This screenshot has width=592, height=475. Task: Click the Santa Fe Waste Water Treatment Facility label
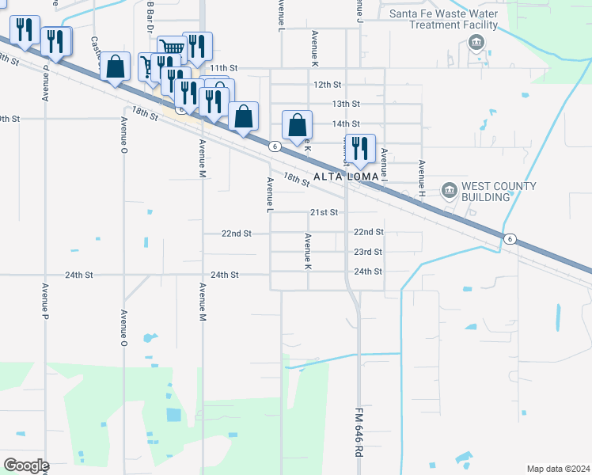click(x=444, y=19)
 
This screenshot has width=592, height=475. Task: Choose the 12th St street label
click(x=327, y=84)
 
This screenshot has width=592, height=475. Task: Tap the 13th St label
click(x=346, y=104)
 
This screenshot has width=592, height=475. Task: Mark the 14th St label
click(x=346, y=123)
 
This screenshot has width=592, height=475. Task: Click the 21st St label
click(x=324, y=212)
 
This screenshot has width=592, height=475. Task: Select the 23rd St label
click(x=368, y=252)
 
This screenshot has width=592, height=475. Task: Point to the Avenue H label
click(x=422, y=177)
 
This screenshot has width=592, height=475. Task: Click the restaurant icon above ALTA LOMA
click(x=360, y=149)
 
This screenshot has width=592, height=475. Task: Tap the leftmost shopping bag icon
click(x=116, y=66)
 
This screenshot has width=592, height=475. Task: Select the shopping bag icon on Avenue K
click(x=298, y=126)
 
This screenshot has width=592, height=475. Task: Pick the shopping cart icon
click(x=170, y=47)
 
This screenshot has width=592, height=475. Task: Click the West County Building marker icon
click(x=450, y=190)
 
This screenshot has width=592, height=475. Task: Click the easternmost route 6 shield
click(x=510, y=239)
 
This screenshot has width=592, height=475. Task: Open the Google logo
click(x=25, y=465)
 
